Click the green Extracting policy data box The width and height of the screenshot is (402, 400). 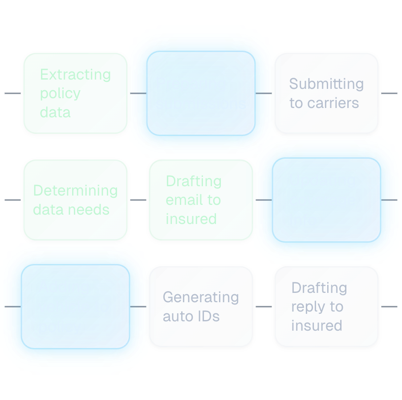[x=75, y=93]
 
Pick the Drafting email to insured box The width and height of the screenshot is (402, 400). [x=201, y=200]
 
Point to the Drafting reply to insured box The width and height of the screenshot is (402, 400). [x=326, y=307]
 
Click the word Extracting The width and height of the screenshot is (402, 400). [x=75, y=74]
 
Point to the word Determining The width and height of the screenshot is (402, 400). [x=75, y=191]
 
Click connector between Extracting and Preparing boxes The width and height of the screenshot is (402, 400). [x=138, y=93]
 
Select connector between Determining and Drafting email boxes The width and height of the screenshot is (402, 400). [x=138, y=200]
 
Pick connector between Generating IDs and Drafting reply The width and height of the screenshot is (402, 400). [x=264, y=307]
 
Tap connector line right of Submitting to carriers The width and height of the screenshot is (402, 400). [x=389, y=93]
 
